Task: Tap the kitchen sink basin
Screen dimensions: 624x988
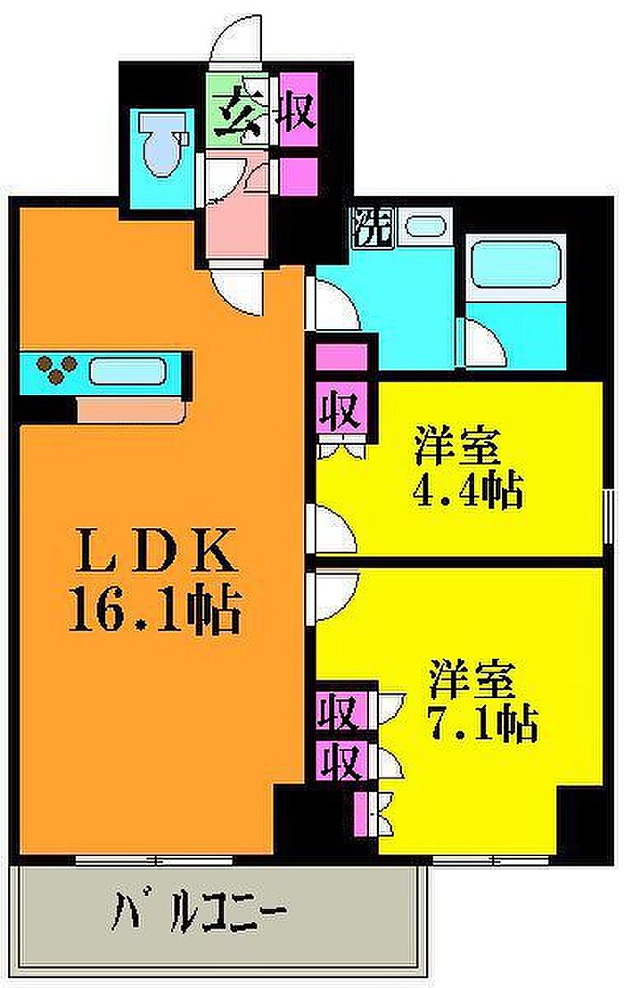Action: pos(127,372)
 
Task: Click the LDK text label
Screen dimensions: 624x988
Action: pos(154,551)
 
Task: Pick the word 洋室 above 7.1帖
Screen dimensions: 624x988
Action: pos(472,680)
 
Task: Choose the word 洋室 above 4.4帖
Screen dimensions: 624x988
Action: pos(457,446)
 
